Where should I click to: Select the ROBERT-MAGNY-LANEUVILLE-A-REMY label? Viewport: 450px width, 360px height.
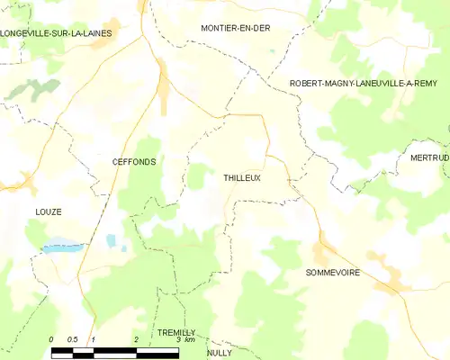363,83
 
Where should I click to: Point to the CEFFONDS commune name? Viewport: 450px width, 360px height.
134,162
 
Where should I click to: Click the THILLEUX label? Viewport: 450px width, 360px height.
242,178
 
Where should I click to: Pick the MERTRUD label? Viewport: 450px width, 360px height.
429,157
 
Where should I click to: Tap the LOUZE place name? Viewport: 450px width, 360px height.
49,211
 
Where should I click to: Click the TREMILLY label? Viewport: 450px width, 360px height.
176,332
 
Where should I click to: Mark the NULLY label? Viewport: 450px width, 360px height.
219,353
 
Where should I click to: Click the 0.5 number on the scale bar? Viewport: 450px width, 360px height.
73,339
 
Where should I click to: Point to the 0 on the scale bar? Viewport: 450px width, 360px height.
52,339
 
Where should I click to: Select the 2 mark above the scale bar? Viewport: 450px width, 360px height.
135,339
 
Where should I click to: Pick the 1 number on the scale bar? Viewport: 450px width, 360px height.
94,339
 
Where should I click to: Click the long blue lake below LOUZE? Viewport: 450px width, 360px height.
63,246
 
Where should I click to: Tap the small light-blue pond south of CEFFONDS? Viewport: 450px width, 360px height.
111,241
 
